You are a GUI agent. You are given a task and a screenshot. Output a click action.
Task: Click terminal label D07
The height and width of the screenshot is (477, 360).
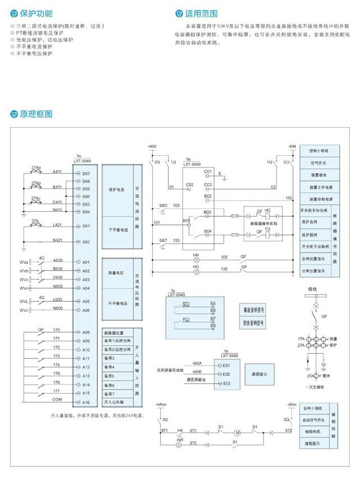coord(86,174)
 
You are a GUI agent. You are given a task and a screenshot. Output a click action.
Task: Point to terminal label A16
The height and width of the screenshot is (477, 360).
coord(86,402)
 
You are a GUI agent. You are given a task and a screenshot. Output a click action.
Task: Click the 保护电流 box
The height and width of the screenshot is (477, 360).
coord(116,189)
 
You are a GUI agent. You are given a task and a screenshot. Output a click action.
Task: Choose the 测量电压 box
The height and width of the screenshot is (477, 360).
coord(116,273)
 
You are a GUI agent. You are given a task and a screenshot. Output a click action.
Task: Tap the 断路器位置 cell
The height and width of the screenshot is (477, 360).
coord(115,333)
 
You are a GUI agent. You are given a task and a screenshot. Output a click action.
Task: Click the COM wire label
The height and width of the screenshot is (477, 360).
coord(57,399)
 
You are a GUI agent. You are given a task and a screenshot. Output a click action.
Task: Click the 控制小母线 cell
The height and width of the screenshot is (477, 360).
coord(319,151)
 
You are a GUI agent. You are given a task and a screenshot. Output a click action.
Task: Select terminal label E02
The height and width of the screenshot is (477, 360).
coord(226,373)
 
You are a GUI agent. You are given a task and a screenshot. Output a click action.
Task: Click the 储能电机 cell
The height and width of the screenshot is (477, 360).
coord(312,432)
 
